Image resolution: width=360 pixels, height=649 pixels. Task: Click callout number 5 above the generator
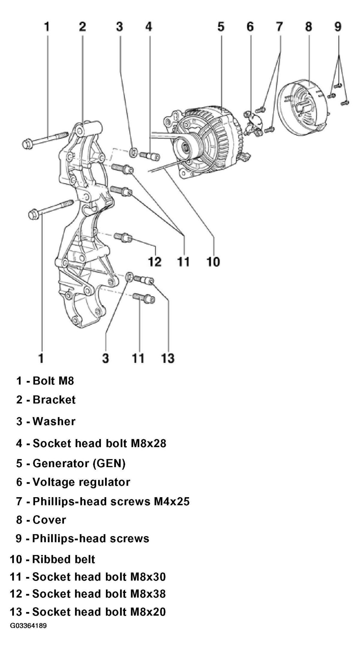coord(221,27)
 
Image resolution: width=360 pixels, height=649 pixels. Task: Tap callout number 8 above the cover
coord(309,27)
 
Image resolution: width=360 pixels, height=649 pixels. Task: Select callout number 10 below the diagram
coord(213,262)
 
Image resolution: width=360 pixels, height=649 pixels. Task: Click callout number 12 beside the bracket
coord(155,262)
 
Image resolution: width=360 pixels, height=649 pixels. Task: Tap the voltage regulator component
coord(252,123)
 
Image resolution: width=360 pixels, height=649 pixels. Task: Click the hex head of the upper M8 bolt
coord(27,143)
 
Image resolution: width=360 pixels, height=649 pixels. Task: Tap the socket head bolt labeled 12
coord(123,237)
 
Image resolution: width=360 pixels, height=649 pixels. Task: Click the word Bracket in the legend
coord(54,400)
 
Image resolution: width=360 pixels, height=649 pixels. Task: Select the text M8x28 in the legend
coord(148,443)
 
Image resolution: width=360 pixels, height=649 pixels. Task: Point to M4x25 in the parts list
coord(172,501)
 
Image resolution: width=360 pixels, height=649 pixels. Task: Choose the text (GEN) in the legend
coord(109,463)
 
